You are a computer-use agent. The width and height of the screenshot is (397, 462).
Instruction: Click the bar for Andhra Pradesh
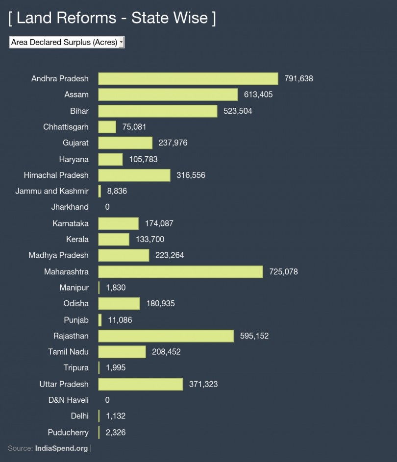pyautogui.click(x=188, y=78)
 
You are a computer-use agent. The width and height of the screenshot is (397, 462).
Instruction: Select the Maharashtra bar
pyautogui.click(x=180, y=271)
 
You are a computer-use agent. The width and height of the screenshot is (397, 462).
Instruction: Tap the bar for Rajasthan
pyautogui.click(x=166, y=336)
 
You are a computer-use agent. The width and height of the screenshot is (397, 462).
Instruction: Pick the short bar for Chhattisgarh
pyautogui.click(x=107, y=127)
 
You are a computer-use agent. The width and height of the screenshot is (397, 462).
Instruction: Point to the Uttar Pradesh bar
pyautogui.click(x=141, y=384)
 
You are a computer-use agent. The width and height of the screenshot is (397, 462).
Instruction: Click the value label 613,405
pyautogui.click(x=258, y=95)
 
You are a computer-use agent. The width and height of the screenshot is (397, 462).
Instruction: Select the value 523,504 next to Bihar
pyautogui.click(x=238, y=111)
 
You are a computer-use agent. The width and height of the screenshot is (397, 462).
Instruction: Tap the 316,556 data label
pyautogui.click(x=191, y=175)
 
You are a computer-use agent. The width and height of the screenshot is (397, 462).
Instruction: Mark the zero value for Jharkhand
pyautogui.click(x=107, y=207)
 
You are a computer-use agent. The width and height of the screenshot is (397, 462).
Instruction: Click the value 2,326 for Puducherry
pyautogui.click(x=117, y=432)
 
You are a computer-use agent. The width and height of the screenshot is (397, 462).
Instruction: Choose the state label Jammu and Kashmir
pyautogui.click(x=52, y=191)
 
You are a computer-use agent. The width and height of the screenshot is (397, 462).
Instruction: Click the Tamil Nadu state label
pyautogui.click(x=68, y=352)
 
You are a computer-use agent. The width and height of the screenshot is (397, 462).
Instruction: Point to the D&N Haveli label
pyautogui.click(x=68, y=400)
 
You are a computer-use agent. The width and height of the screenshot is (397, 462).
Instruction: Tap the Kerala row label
pyautogui.click(x=77, y=239)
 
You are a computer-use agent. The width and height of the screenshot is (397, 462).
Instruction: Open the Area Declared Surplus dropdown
pyautogui.click(x=67, y=42)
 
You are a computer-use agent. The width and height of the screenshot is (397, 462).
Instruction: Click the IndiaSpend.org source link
pyautogui.click(x=62, y=448)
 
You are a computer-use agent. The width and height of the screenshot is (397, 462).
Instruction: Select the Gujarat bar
pyautogui.click(x=125, y=143)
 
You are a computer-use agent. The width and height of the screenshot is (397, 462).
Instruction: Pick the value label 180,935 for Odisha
pyautogui.click(x=160, y=303)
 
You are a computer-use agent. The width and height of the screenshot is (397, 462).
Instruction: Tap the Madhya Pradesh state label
pyautogui.click(x=58, y=255)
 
